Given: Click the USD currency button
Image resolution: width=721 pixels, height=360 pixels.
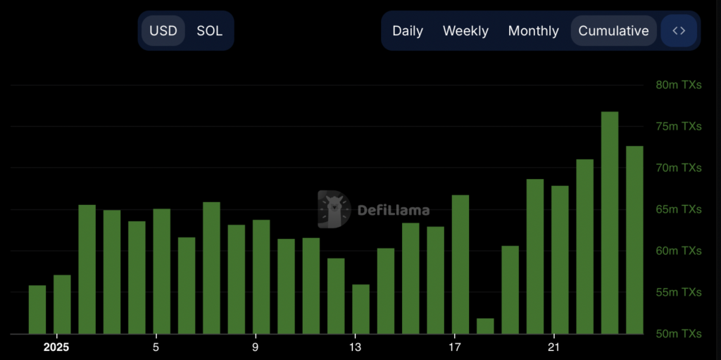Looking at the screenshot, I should (x=163, y=31).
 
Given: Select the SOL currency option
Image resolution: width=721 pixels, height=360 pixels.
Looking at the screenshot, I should (x=209, y=31).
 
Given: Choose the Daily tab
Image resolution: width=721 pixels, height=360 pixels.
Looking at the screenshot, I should (x=408, y=31).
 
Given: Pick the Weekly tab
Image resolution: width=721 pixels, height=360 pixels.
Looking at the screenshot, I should (x=465, y=31).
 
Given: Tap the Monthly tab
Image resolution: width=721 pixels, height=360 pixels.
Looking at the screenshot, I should (x=533, y=31).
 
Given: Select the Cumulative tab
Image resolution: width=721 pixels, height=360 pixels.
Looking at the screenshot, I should (x=613, y=31).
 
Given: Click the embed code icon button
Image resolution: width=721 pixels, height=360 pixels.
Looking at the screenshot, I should (x=679, y=31).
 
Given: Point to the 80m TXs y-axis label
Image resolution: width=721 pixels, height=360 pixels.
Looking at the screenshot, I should (x=678, y=85).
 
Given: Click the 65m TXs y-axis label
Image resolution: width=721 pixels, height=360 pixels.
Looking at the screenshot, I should (x=678, y=209).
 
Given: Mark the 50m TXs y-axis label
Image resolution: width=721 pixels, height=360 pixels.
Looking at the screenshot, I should (x=678, y=333).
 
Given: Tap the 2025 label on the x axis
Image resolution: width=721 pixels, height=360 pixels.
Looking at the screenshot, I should (x=56, y=347).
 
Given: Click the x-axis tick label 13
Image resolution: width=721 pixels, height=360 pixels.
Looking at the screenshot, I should (x=356, y=347).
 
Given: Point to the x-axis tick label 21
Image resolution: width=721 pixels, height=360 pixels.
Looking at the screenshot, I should (x=554, y=347).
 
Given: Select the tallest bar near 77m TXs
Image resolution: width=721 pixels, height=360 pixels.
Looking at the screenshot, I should (x=610, y=223).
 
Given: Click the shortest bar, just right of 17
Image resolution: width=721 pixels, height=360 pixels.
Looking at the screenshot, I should (x=485, y=326).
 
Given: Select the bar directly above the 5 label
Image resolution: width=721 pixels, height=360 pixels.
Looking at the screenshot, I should (x=161, y=271).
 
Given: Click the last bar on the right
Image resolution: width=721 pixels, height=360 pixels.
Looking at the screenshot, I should (x=634, y=240).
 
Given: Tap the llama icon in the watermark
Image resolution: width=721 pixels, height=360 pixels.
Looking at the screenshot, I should (x=334, y=209).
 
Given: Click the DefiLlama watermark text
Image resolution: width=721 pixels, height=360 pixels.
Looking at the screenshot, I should (x=394, y=210).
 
